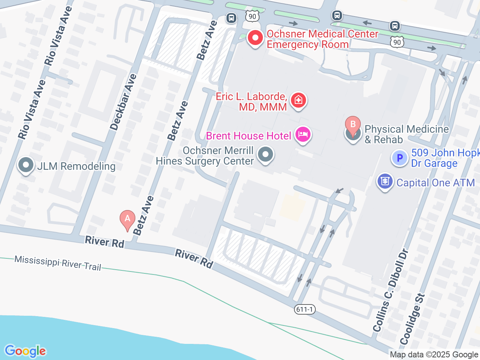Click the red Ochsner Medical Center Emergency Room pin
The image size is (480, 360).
pyautogui.click(x=255, y=38)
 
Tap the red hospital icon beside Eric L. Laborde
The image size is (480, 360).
pyautogui.click(x=298, y=100)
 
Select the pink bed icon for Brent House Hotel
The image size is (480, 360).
pyautogui.click(x=303, y=134)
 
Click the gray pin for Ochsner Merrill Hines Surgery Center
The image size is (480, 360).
pyautogui.click(x=266, y=154)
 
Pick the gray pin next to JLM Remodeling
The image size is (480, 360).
pyautogui.click(x=26, y=165)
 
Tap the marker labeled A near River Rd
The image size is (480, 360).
pyautogui.click(x=127, y=219)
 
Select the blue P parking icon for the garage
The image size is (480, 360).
pyautogui.click(x=399, y=158)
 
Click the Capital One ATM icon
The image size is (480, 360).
pyautogui.click(x=385, y=181)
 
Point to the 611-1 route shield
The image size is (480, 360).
pyautogui.click(x=304, y=309)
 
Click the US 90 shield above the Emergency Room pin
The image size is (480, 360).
pyautogui.click(x=252, y=16)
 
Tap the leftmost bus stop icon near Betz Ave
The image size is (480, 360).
pyautogui.click(x=231, y=18)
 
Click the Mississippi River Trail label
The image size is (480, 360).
pyautogui.click(x=58, y=263)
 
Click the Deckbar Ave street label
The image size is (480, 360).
pyautogui.click(x=123, y=102)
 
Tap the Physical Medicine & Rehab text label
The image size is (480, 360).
pyautogui.click(x=406, y=134)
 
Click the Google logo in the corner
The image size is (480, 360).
pyautogui.click(x=25, y=351)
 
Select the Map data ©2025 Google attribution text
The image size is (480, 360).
pyautogui.click(x=434, y=354)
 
